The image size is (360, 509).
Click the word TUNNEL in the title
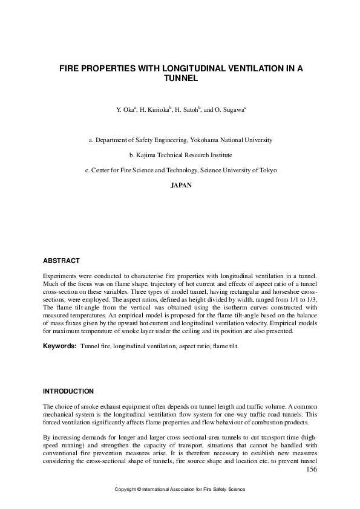[x=181, y=79]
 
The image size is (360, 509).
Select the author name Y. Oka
[x=126, y=110]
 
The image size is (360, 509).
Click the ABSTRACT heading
[x=61, y=261]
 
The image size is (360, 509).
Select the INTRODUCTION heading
[x=68, y=391]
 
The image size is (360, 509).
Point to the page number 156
[x=312, y=469]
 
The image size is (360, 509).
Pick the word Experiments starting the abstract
[x=61, y=276]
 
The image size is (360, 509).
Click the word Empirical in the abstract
[x=286, y=323]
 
